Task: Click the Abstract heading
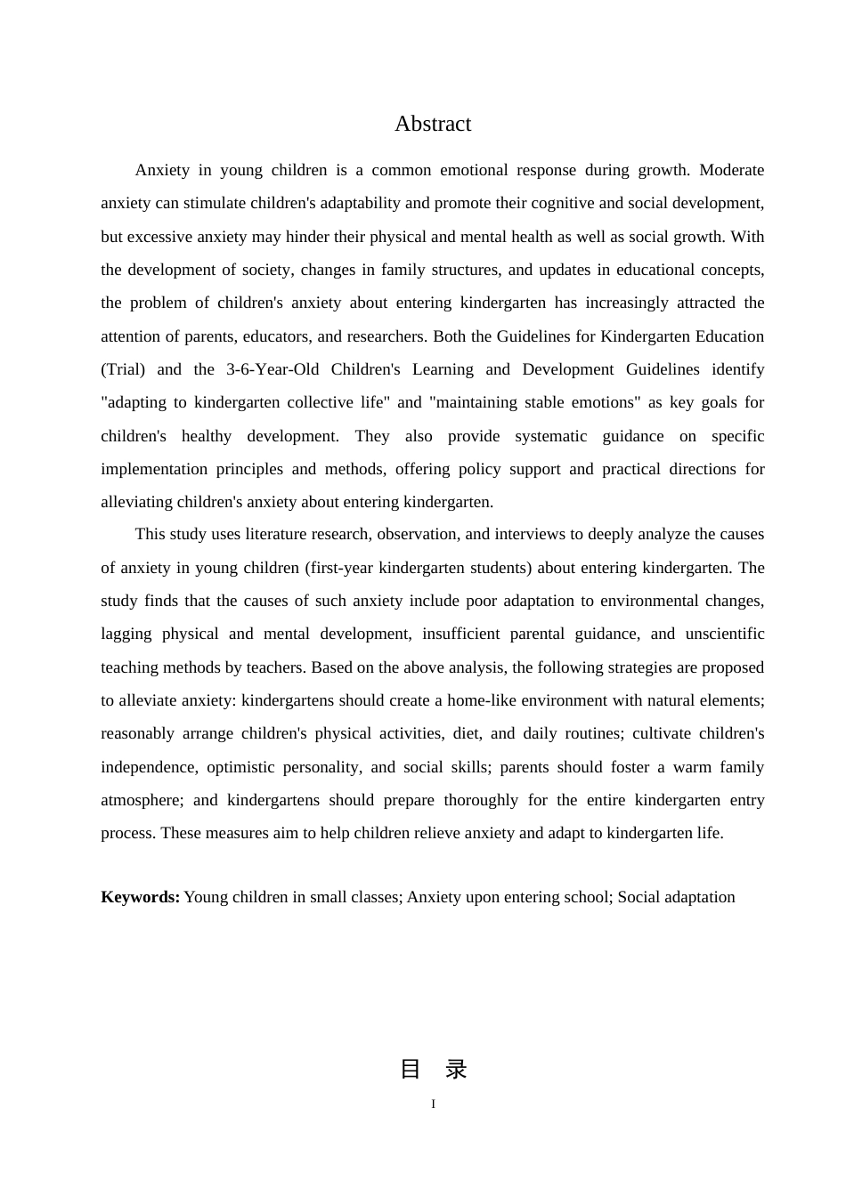(x=433, y=124)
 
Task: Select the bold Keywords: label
(x=140, y=897)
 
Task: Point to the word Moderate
(x=731, y=170)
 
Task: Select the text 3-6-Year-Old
(x=272, y=369)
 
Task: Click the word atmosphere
(x=142, y=800)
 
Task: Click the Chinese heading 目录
(x=433, y=1070)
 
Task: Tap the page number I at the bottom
(x=433, y=1104)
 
